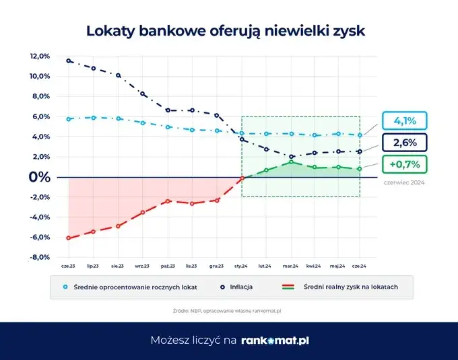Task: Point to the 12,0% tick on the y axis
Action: pyautogui.click(x=40, y=57)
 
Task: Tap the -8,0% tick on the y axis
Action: pyautogui.click(x=40, y=257)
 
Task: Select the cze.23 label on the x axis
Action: pyautogui.click(x=69, y=266)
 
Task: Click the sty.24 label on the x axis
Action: pyautogui.click(x=242, y=266)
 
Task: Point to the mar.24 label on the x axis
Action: pyautogui.click(x=291, y=266)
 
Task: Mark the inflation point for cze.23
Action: pyautogui.click(x=69, y=61)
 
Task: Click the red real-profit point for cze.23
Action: pyautogui.click(x=69, y=238)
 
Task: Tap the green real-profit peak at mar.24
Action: pyautogui.click(x=291, y=162)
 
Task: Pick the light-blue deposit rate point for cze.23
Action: pyautogui.click(x=69, y=119)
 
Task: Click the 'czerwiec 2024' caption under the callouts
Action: pyautogui.click(x=404, y=182)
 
